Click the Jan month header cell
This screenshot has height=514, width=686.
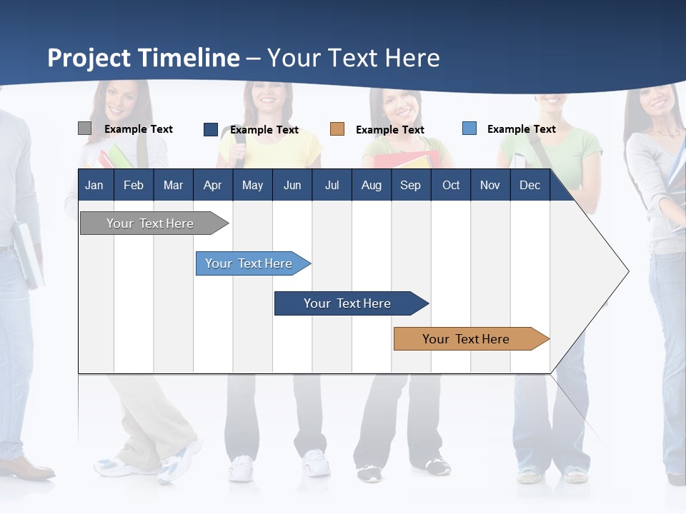94,185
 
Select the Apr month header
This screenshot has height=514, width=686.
212,185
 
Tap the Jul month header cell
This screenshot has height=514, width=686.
332,185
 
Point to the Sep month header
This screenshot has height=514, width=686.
410,185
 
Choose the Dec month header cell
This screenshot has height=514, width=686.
530,185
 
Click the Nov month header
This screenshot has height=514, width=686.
489,185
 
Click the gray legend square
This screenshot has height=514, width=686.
84,128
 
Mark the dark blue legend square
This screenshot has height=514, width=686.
210,129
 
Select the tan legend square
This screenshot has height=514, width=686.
337,129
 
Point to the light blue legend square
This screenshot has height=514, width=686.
469,128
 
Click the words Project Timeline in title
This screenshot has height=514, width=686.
143,58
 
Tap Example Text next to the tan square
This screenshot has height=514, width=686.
389,130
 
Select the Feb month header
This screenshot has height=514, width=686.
133,185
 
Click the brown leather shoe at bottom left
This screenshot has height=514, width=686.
29,468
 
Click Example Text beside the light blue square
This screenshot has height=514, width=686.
521,129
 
